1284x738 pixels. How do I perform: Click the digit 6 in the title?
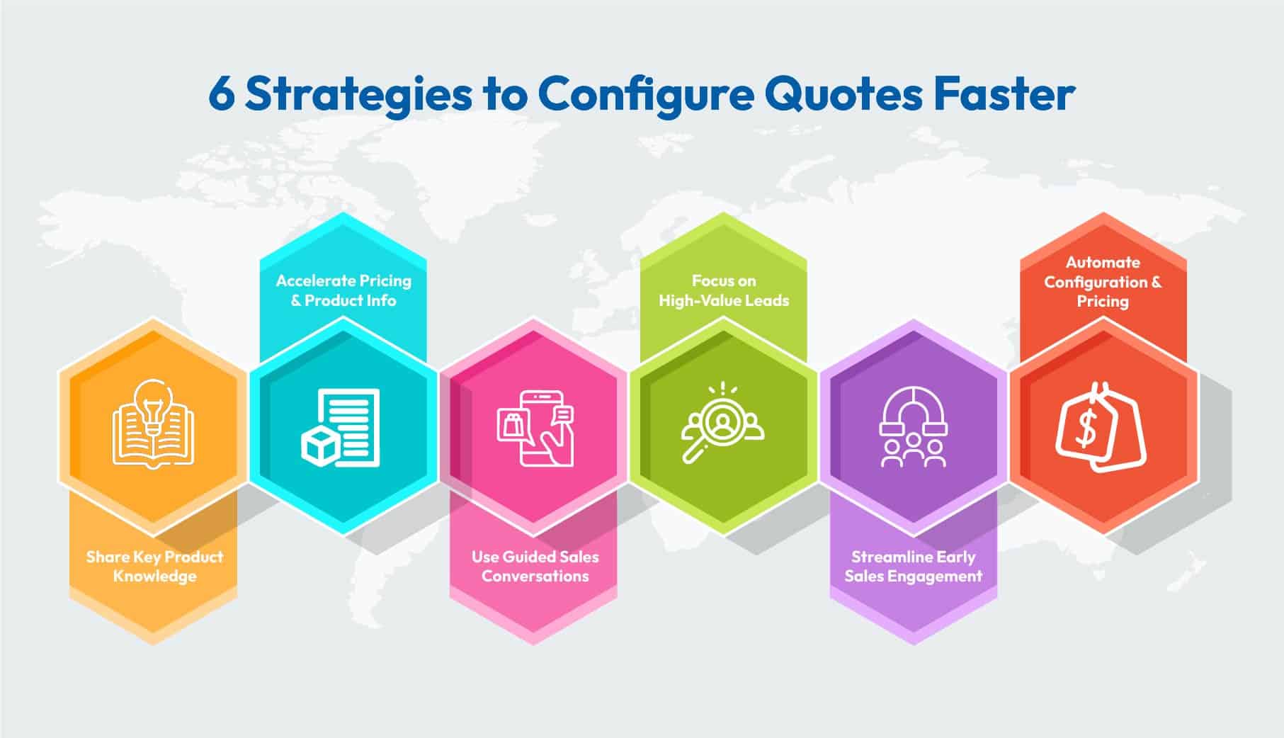pyautogui.click(x=222, y=95)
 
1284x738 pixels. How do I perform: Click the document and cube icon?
pyautogui.click(x=341, y=427)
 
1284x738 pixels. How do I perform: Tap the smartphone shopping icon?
pyautogui.click(x=535, y=428)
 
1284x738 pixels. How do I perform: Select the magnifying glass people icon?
pyautogui.click(x=722, y=424)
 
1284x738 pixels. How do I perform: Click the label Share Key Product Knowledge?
pyautogui.click(x=154, y=567)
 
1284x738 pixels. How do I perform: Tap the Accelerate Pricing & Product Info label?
pyautogui.click(x=343, y=290)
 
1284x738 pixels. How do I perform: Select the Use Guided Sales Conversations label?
pyautogui.click(x=535, y=567)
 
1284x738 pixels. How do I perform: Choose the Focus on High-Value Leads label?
pyautogui.click(x=724, y=290)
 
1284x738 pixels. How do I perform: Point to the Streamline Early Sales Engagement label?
pyautogui.click(x=914, y=567)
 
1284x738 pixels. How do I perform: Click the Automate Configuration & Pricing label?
pyautogui.click(x=1103, y=282)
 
